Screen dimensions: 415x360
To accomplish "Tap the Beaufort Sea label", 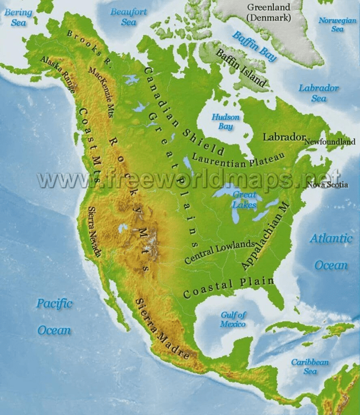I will click(129, 17).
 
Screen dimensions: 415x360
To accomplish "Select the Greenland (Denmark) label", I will click(269, 12).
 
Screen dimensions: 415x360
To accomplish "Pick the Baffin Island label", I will click(239, 68).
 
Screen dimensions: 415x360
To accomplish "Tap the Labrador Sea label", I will click(319, 93).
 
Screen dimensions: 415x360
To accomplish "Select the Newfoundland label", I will click(330, 142).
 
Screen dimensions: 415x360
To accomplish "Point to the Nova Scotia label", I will click(327, 185).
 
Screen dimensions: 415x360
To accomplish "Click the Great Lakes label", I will click(245, 200).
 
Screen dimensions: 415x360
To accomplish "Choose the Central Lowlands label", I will click(220, 251).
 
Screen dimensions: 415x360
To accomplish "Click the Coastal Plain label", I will click(228, 288).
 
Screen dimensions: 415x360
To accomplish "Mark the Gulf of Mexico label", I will click(233, 319).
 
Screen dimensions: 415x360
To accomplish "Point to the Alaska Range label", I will click(59, 74).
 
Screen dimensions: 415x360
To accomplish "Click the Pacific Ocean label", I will click(54, 316).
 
